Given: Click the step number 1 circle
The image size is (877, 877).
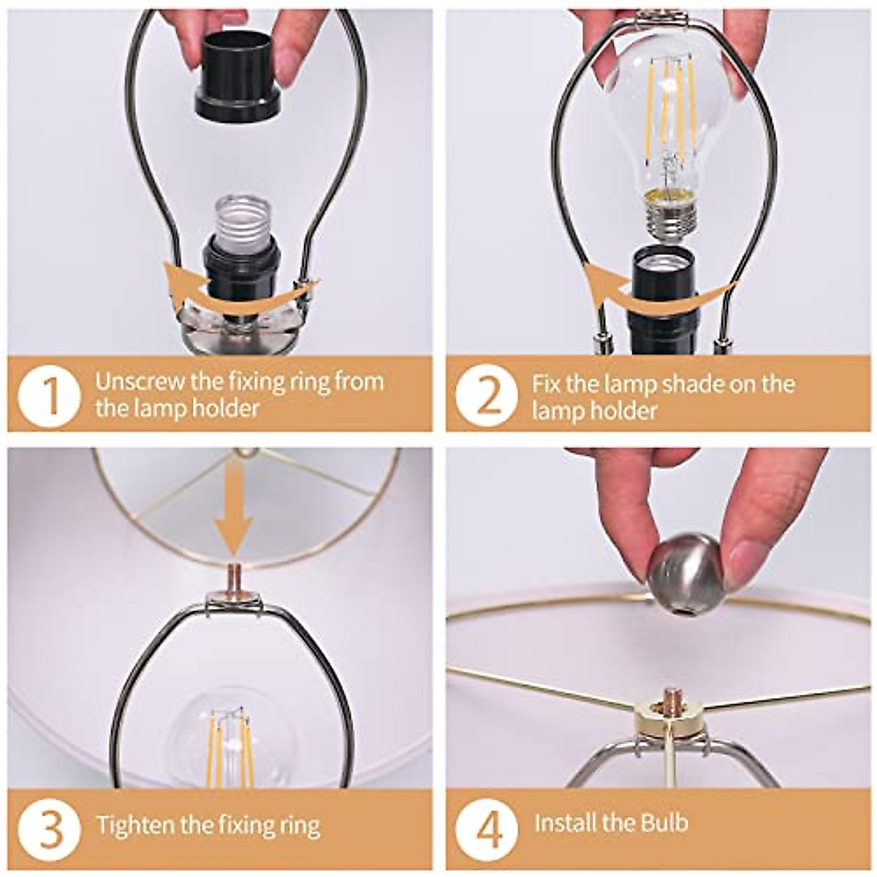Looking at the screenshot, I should pyautogui.click(x=50, y=395).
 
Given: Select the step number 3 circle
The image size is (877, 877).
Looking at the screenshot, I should pyautogui.click(x=50, y=827).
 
